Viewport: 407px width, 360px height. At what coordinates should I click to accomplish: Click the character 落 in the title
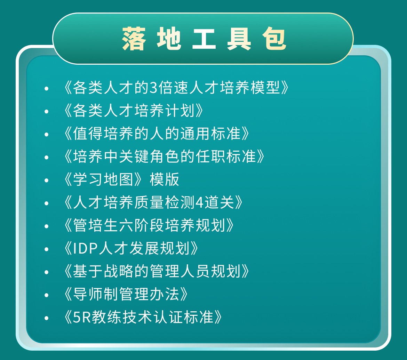click(x=134, y=39)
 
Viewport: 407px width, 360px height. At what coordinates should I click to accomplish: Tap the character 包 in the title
click(x=274, y=39)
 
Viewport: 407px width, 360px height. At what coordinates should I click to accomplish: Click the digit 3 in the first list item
click(x=154, y=87)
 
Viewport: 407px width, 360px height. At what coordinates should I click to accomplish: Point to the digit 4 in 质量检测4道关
click(x=199, y=202)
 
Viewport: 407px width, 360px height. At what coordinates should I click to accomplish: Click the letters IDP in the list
click(x=85, y=248)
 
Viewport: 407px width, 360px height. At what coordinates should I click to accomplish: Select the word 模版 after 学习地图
click(x=164, y=179)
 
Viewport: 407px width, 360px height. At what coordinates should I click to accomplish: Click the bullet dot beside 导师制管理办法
click(x=47, y=295)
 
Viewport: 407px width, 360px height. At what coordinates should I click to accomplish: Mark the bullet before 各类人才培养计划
click(x=47, y=112)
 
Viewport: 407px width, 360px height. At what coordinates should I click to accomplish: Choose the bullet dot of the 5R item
click(x=47, y=318)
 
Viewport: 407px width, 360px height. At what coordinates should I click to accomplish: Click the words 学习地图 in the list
click(x=103, y=179)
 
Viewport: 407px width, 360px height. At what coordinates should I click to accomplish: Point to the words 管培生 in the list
click(x=96, y=225)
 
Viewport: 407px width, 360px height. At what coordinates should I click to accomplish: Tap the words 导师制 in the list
click(x=96, y=294)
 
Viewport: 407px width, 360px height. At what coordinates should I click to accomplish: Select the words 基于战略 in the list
click(x=103, y=271)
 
